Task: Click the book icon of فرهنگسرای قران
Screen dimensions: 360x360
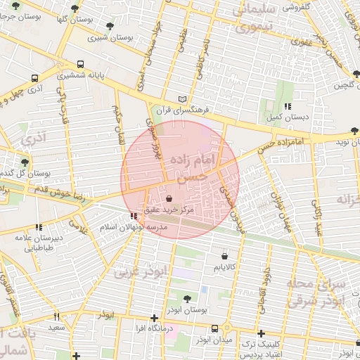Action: [184, 100]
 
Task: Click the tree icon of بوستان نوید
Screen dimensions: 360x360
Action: [354, 131]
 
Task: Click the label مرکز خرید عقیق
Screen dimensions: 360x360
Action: [169, 210]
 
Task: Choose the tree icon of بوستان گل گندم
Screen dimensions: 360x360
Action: [25, 162]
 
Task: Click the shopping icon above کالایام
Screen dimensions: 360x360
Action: [224, 255]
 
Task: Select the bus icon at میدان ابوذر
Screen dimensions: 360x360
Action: [214, 328]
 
